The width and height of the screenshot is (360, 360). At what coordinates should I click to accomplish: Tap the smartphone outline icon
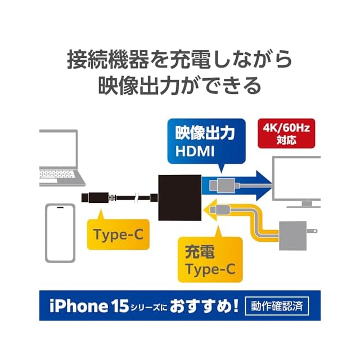pos(60,232)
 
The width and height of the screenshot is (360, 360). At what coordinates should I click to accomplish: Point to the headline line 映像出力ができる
pos(180,86)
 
